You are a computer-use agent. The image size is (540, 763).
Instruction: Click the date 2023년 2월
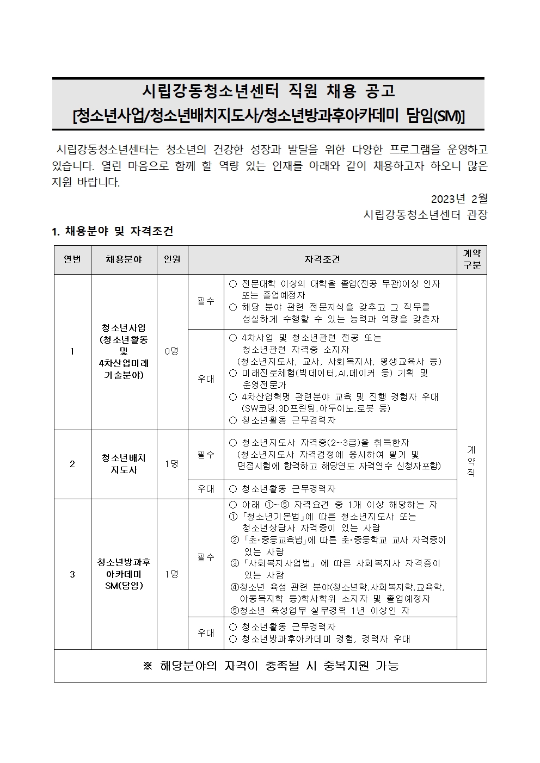(x=459, y=198)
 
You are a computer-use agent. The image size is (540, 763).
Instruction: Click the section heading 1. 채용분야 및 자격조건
(x=112, y=231)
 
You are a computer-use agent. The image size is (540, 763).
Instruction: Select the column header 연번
(x=72, y=260)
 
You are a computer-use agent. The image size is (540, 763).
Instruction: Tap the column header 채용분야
(x=124, y=260)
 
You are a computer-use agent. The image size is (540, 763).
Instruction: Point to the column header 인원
(x=172, y=260)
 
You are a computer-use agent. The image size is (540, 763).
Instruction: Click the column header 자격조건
(x=322, y=260)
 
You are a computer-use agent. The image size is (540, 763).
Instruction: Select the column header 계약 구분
(x=471, y=259)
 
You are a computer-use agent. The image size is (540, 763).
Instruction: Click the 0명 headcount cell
(x=172, y=351)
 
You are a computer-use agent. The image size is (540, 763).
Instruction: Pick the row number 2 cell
(x=72, y=464)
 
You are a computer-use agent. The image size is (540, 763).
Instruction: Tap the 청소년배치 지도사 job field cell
(x=124, y=464)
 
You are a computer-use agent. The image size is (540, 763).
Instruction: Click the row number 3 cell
(x=72, y=574)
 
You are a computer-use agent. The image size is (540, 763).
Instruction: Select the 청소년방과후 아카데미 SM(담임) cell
(x=124, y=574)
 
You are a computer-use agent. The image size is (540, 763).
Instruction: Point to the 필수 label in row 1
(x=206, y=301)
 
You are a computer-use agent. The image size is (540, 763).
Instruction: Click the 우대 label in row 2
(x=206, y=489)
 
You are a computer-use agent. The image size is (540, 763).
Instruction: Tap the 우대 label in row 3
(x=206, y=633)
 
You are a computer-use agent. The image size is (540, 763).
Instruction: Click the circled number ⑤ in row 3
(x=235, y=610)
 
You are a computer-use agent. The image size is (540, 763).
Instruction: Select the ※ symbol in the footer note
(x=148, y=666)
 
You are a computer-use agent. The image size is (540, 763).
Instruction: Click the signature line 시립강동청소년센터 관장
(x=425, y=214)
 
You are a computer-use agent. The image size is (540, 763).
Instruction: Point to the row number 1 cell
(x=72, y=351)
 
